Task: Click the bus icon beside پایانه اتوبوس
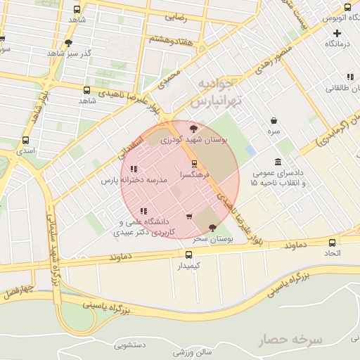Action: pyautogui.click(x=347, y=7)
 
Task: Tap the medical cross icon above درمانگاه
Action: pyautogui.click(x=337, y=33)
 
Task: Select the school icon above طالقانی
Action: pyautogui.click(x=349, y=77)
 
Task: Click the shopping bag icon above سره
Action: pyautogui.click(x=273, y=120)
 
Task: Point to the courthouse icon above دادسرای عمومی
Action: pyautogui.click(x=278, y=162)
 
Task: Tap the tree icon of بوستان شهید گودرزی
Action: pyautogui.click(x=194, y=129)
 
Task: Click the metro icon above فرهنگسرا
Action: pyautogui.click(x=195, y=163)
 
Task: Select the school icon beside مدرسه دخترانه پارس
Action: pyautogui.click(x=134, y=169)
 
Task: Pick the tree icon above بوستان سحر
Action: pyautogui.click(x=212, y=227)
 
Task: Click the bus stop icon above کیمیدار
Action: pyautogui.click(x=188, y=255)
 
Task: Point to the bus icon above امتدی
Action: pyautogui.click(x=26, y=140)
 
